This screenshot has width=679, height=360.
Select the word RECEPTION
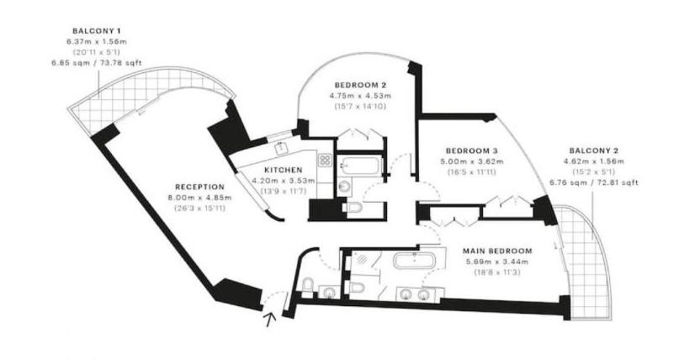[199, 187]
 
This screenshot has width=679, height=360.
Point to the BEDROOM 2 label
[361, 85]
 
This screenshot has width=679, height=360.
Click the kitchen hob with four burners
[325, 157]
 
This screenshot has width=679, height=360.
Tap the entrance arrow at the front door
[270, 318]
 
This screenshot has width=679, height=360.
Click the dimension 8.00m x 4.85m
[199, 198]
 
